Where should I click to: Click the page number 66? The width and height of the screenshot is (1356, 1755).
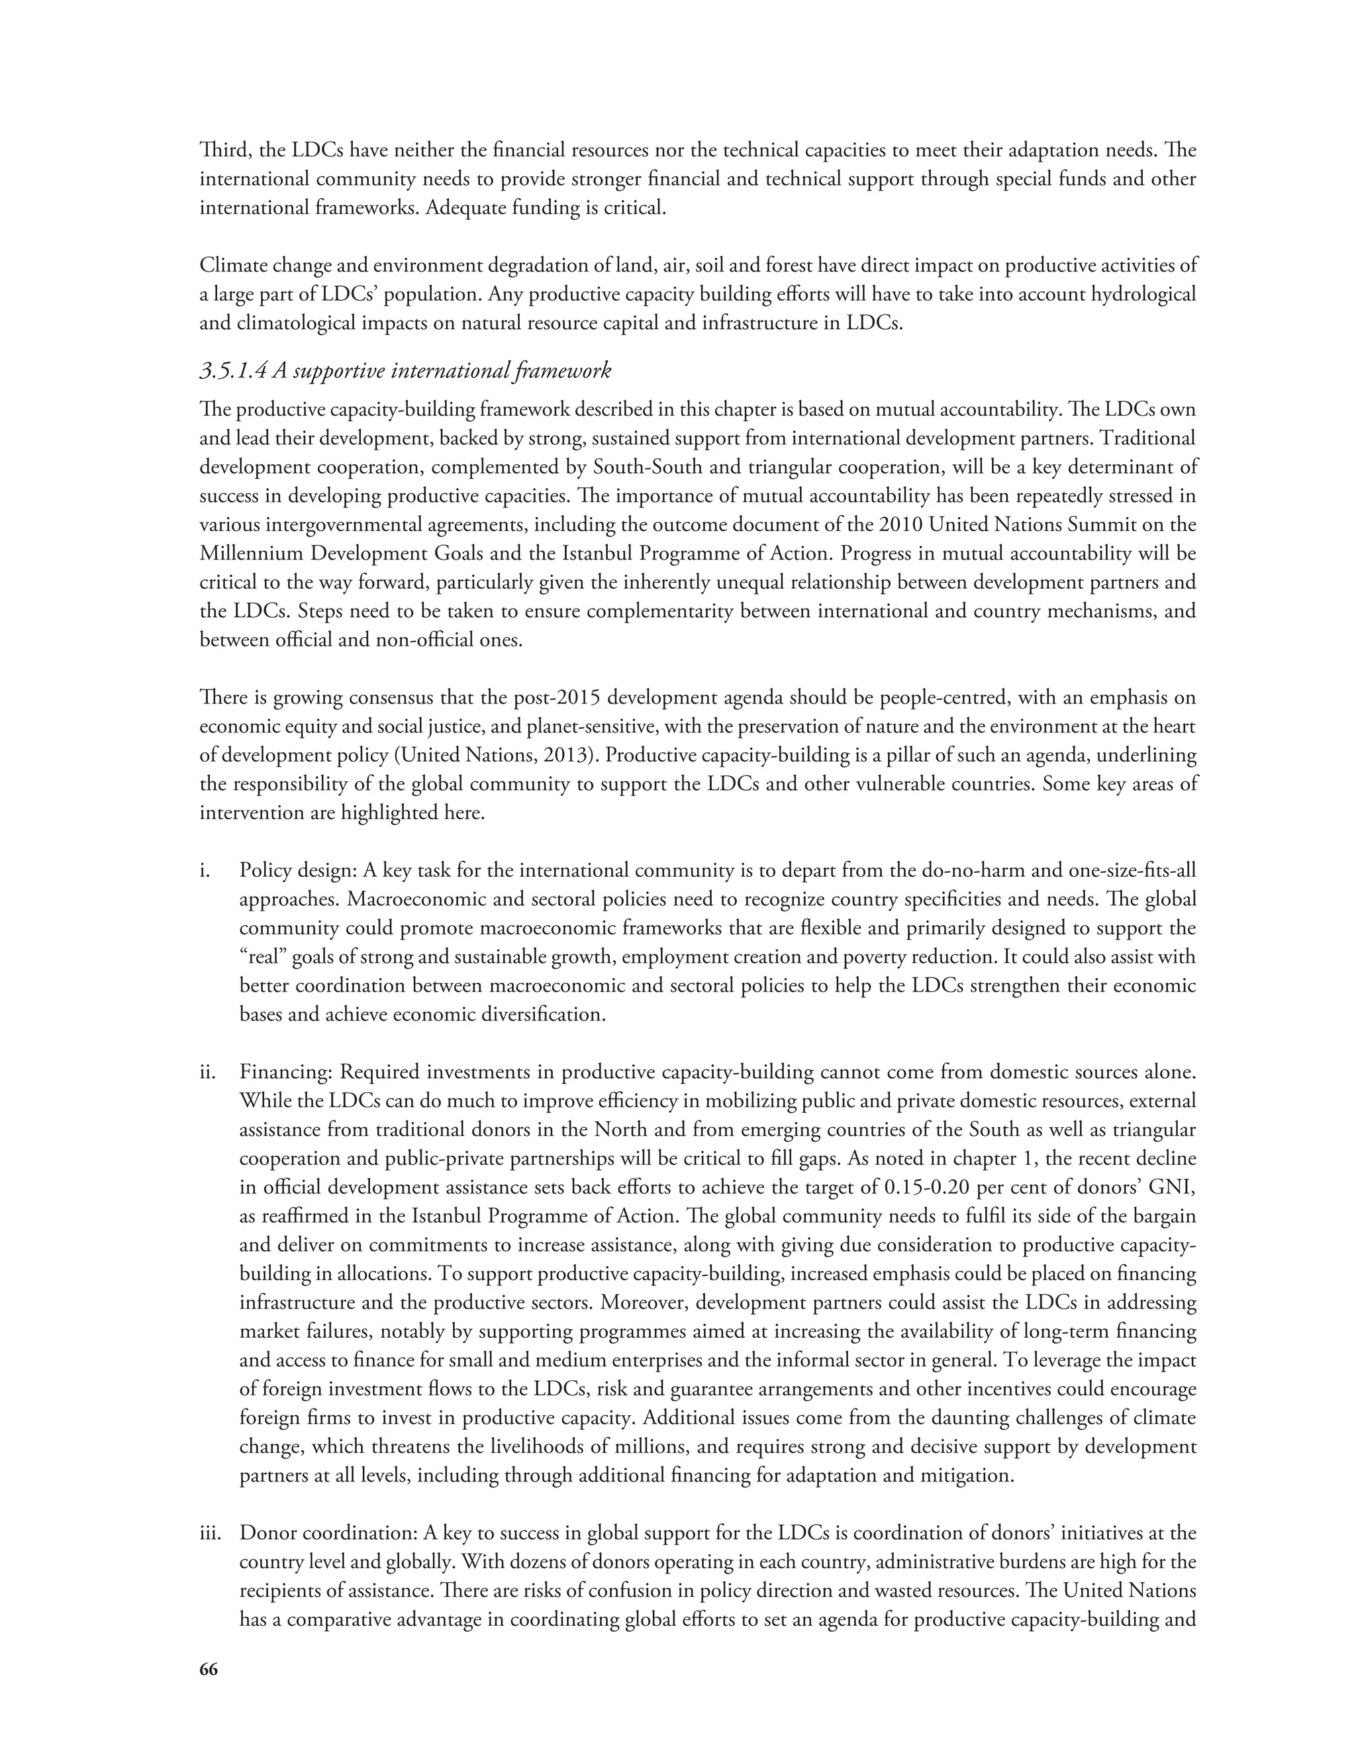(208, 1670)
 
